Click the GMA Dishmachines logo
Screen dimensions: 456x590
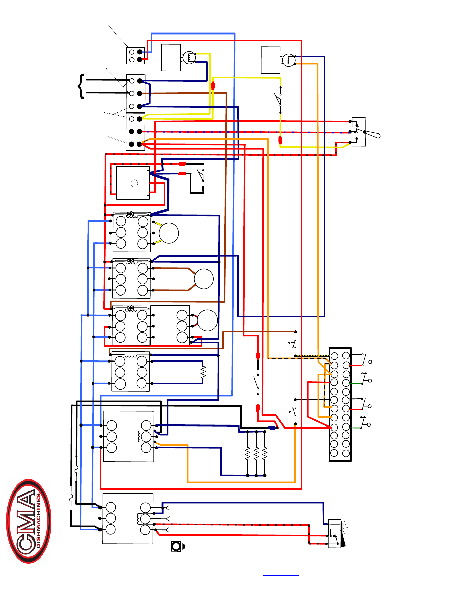(28, 521)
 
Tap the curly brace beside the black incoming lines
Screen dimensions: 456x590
(81, 86)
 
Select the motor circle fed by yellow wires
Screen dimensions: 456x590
(169, 233)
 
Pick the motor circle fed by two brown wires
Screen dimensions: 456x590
(204, 279)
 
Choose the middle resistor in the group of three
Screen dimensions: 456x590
(256, 454)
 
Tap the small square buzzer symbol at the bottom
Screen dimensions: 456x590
(176, 546)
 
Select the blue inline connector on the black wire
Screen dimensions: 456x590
(272, 428)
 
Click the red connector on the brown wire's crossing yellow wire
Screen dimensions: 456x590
(213, 86)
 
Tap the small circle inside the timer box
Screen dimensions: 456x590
(134, 183)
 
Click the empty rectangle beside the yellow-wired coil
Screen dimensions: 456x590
(171, 58)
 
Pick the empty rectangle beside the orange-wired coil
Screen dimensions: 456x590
(270, 60)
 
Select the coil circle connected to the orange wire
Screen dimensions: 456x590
(289, 60)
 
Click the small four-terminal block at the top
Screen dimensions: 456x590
(135, 56)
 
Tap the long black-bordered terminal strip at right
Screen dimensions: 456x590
(340, 404)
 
